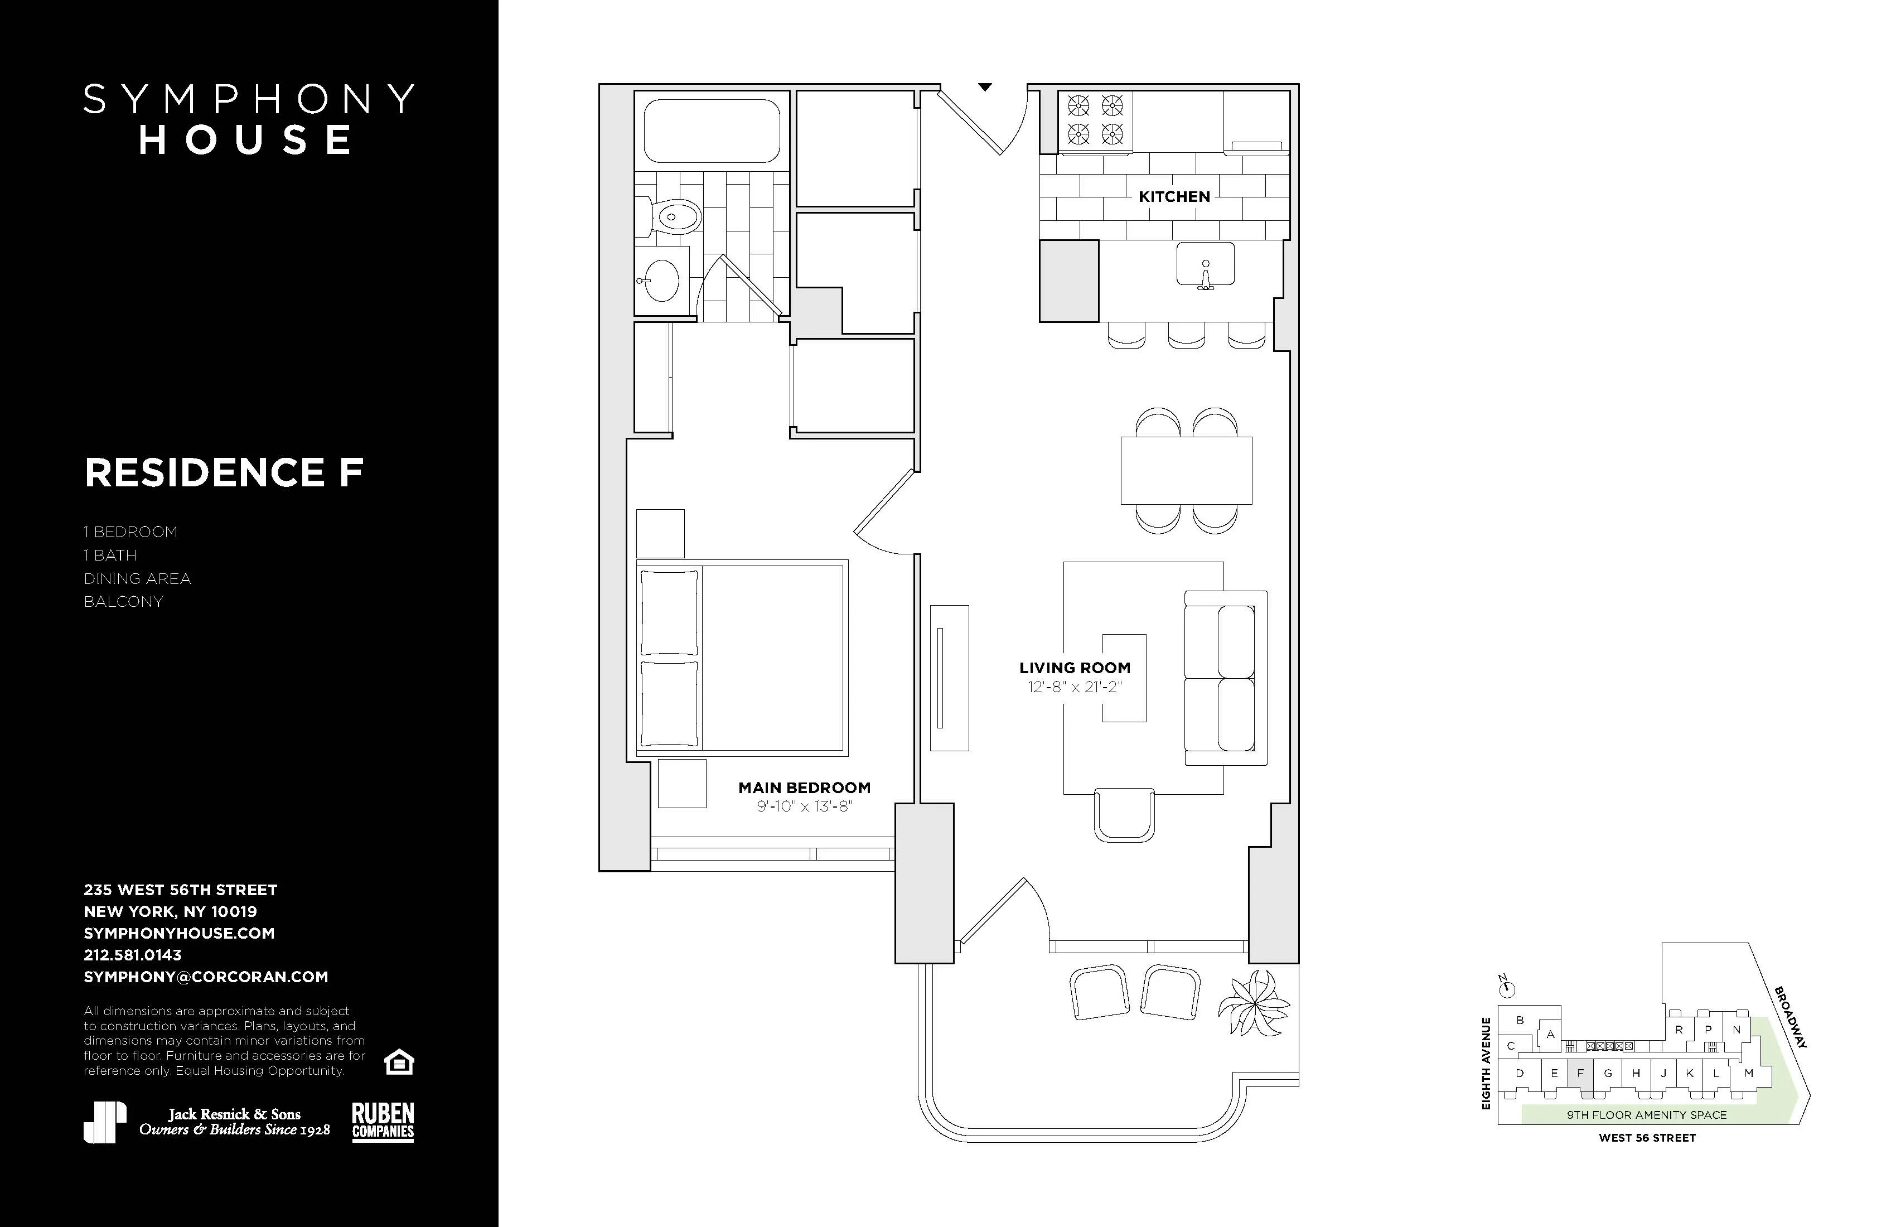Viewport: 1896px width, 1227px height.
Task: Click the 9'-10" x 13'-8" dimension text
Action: coord(804,807)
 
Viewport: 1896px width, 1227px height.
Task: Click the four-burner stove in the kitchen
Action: coord(1095,119)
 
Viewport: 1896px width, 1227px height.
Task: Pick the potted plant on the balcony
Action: coord(1253,1004)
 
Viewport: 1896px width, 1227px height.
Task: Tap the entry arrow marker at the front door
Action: coord(985,87)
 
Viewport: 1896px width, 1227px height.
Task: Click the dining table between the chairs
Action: coord(1186,470)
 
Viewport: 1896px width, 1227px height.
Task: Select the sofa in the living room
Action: coord(1225,678)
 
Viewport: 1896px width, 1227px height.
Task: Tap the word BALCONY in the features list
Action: coord(123,602)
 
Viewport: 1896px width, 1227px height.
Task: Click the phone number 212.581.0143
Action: coord(132,954)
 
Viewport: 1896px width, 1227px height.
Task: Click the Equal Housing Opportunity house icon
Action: coord(398,1062)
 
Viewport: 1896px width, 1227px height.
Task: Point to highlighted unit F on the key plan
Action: coord(1580,1074)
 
